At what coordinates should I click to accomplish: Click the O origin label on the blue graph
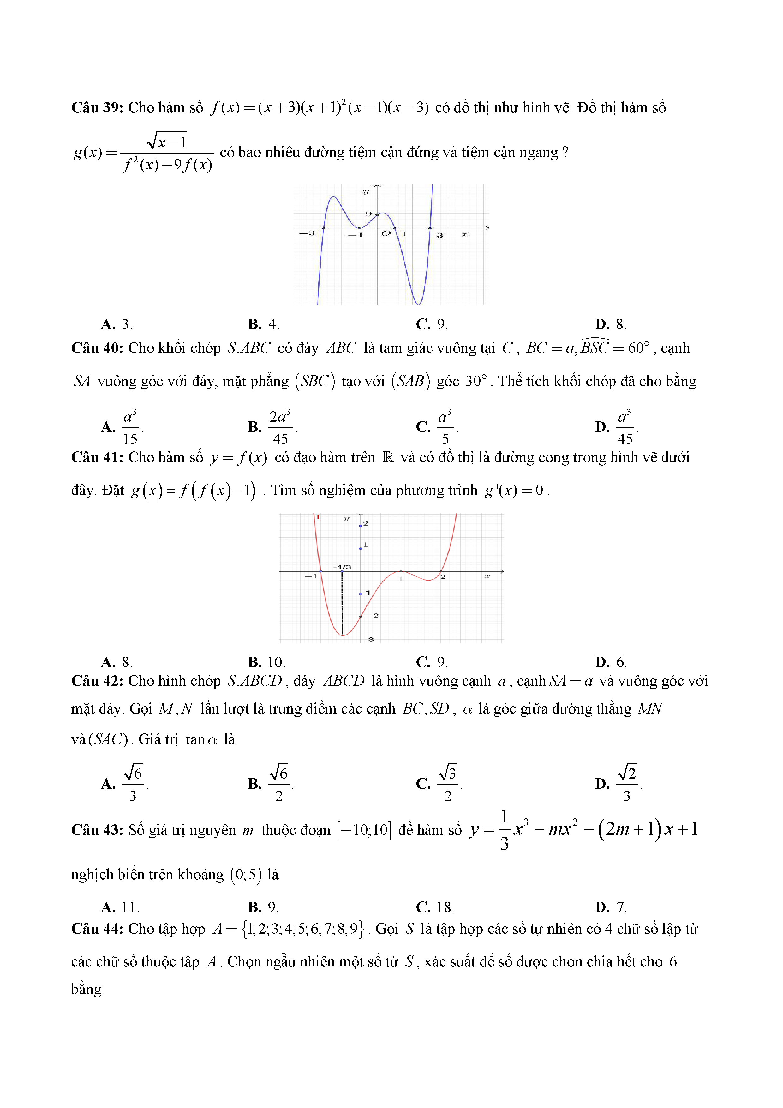tap(386, 233)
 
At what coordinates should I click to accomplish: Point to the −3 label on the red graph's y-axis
tap(369, 639)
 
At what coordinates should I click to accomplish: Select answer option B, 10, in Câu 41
tap(267, 662)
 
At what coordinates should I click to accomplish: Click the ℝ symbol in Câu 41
tap(387, 457)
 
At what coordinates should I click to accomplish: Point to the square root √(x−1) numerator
tap(167, 141)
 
